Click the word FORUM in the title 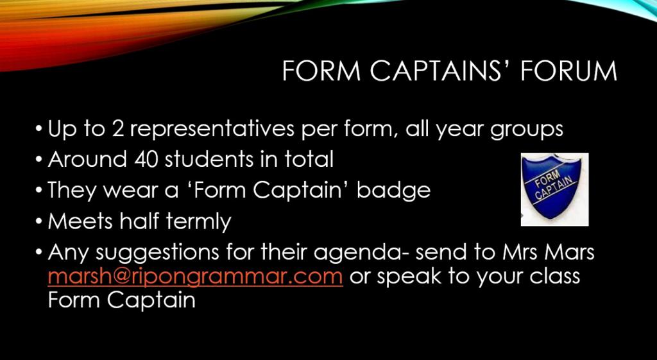click(568, 71)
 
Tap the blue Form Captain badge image click(554, 189)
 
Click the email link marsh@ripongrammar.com click(195, 277)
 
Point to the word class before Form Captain click(555, 277)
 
